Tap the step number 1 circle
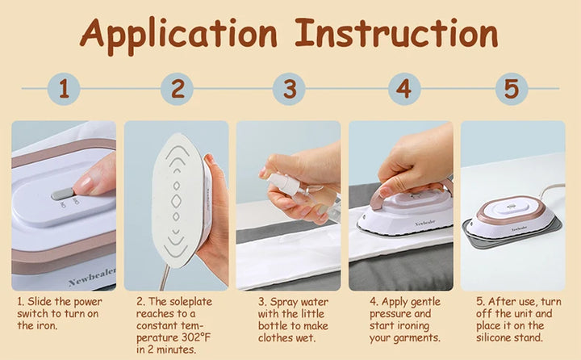pyautogui.click(x=65, y=89)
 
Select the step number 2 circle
pyautogui.click(x=177, y=89)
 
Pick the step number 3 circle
pyautogui.click(x=289, y=89)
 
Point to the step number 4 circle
pyautogui.click(x=403, y=89)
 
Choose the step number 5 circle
pyautogui.click(x=511, y=89)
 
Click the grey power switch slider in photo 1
pyautogui.click(x=62, y=194)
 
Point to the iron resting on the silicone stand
pyautogui.click(x=512, y=220)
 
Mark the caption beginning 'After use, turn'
pyautogui.click(x=514, y=320)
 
